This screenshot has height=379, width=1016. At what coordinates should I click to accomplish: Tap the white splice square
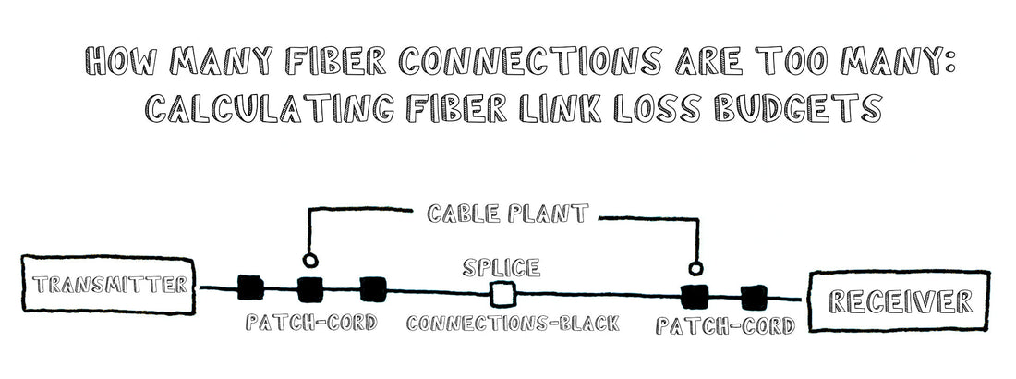click(502, 295)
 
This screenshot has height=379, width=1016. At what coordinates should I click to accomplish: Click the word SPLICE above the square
click(501, 268)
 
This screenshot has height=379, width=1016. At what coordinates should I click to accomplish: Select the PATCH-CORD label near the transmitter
click(311, 324)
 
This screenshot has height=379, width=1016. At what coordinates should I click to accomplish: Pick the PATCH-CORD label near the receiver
click(725, 326)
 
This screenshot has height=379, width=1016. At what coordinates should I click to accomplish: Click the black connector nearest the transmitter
click(250, 288)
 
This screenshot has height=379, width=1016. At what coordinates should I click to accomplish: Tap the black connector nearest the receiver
click(755, 297)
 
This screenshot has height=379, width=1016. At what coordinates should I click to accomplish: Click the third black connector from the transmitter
click(371, 289)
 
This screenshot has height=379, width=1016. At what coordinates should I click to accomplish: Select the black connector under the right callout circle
click(694, 297)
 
